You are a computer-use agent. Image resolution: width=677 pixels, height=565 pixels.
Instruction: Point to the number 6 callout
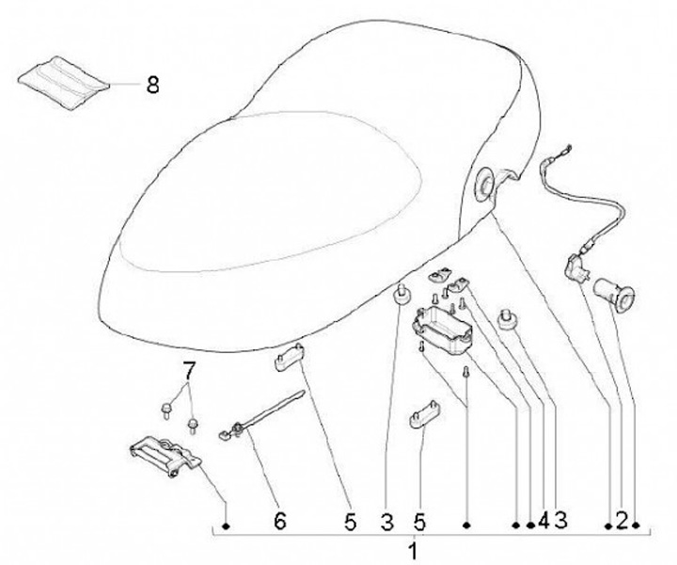click(x=278, y=519)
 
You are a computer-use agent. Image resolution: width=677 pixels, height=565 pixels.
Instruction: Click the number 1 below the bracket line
click(x=411, y=549)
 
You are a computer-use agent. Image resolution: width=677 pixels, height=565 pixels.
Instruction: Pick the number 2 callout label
click(x=622, y=519)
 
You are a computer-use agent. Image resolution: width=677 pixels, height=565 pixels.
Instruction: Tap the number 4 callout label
click(x=543, y=519)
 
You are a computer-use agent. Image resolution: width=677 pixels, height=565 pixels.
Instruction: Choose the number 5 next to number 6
click(x=351, y=519)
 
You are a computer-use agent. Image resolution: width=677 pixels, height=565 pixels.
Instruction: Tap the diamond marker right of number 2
click(x=637, y=524)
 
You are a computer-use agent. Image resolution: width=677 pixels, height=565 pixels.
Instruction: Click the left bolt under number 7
click(x=166, y=409)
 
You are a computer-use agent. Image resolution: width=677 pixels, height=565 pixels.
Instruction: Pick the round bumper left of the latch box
click(x=400, y=297)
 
